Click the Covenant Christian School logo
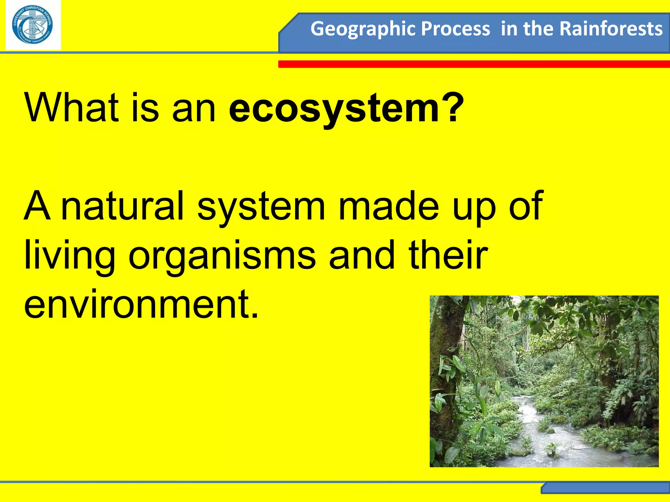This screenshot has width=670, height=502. (x=33, y=25)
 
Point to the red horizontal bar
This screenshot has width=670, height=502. (x=474, y=64)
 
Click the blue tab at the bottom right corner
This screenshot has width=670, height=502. (x=605, y=488)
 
